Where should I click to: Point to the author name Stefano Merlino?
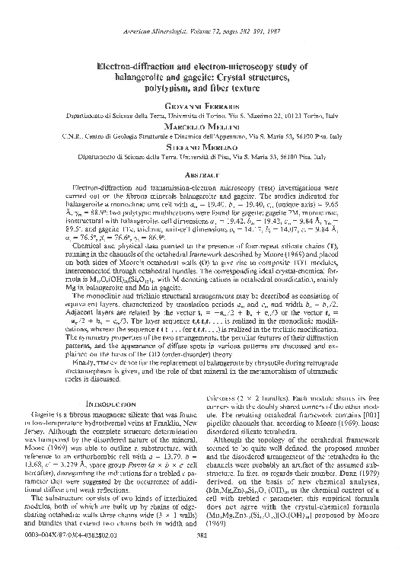(x=205, y=148)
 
